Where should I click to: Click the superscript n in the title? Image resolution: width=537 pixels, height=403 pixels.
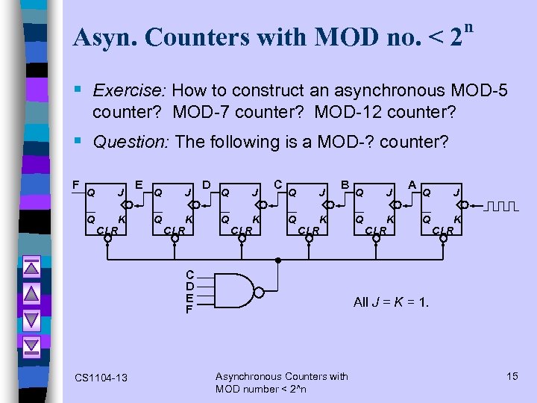(468, 28)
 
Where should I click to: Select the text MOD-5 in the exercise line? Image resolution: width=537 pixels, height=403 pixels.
(480, 91)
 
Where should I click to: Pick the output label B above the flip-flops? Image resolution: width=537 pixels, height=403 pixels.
(345, 184)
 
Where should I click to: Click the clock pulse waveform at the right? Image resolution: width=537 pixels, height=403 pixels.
(500, 206)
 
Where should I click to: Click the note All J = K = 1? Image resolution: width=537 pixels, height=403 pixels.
(392, 302)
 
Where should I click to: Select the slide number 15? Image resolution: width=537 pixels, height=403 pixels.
(512, 376)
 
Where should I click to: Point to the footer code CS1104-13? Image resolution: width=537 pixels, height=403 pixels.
(101, 378)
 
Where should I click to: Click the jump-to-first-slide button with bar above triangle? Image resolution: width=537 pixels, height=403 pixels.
(31, 269)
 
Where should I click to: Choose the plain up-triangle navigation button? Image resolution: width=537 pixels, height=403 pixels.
(31, 294)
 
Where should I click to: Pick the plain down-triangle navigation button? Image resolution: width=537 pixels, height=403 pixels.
(31, 319)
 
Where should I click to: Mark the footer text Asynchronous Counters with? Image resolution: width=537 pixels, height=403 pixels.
(281, 376)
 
